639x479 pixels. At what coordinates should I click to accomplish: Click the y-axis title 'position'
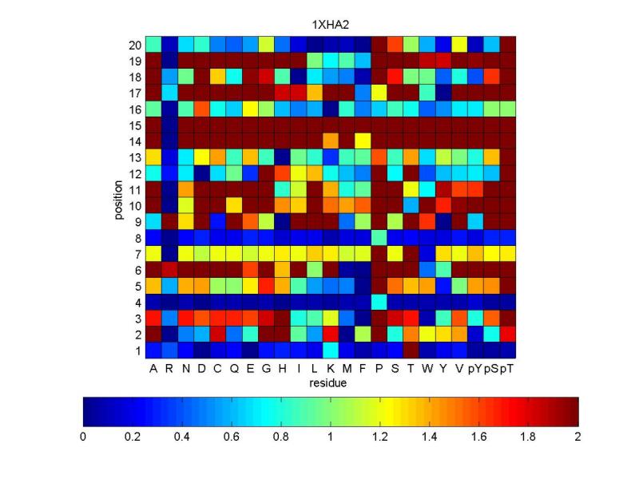tap(121, 198)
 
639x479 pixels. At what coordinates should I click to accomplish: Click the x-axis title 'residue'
tap(330, 382)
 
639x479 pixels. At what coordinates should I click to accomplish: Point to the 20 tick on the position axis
tap(137, 45)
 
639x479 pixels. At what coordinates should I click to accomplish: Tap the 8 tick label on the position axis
tap(138, 237)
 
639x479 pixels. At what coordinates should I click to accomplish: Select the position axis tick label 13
tap(137, 156)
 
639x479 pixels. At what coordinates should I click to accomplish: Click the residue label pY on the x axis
tap(475, 369)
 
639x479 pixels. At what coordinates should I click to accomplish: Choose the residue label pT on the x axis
tap(507, 369)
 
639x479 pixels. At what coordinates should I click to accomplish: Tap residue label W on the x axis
tap(427, 369)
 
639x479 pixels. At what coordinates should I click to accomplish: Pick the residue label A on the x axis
tap(153, 369)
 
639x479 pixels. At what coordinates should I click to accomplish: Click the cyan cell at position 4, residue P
tap(379, 302)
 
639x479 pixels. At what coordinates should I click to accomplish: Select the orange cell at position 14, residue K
tap(330, 141)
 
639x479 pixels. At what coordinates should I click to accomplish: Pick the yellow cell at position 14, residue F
tap(363, 141)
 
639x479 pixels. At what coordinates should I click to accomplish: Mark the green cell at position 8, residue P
tap(379, 237)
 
